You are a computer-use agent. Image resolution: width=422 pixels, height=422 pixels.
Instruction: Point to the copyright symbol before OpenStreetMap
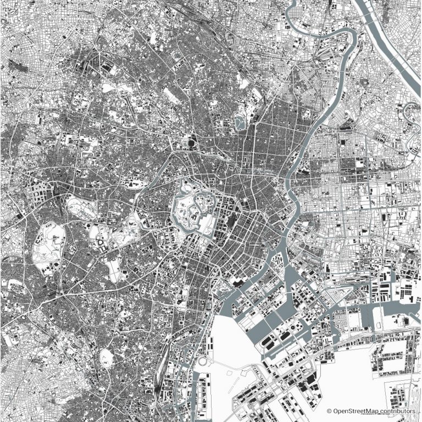(329, 410)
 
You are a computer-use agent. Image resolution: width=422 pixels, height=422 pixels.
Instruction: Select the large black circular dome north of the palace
(191, 144)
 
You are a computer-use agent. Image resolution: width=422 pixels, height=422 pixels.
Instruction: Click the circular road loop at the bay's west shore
(204, 363)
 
